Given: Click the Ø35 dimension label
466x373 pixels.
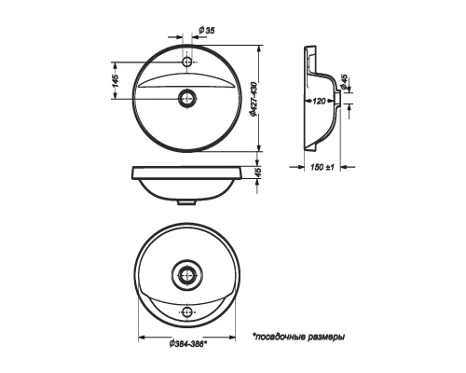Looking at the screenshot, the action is pos(206,30).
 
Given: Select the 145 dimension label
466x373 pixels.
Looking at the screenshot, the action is pos(115,80).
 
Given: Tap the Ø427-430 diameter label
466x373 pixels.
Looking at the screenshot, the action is pos(254,100).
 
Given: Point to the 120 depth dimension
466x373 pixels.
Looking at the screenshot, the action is pos(319,101).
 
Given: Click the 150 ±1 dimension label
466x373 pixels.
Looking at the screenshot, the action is pos(322,167).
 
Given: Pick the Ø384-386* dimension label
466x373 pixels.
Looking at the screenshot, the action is pos(188,344).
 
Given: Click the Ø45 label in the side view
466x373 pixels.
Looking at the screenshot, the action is pos(344,82).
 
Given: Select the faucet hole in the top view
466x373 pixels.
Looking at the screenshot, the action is pos(187,62).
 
